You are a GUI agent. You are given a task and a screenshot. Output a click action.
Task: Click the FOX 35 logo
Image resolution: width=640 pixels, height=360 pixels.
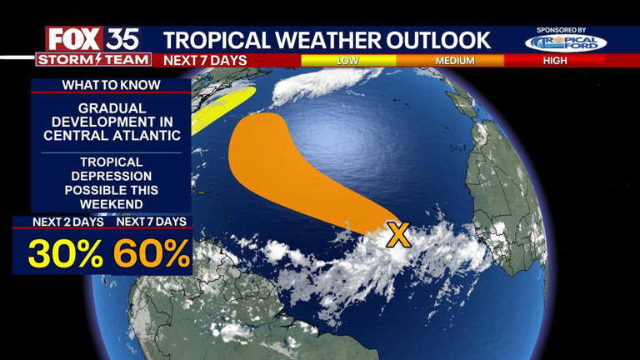click(x=92, y=38)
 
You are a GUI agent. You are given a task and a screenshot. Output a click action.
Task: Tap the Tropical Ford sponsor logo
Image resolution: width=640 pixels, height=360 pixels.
click(x=566, y=42)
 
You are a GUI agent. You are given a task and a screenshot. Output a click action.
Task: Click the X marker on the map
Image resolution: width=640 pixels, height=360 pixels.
click(x=399, y=235)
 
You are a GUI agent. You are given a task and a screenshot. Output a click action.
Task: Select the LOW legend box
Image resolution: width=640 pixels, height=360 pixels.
click(x=347, y=61)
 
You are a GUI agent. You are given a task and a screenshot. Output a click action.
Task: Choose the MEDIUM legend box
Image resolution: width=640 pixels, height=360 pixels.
click(x=454, y=61)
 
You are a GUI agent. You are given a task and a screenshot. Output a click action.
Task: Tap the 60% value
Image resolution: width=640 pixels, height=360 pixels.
click(x=152, y=253)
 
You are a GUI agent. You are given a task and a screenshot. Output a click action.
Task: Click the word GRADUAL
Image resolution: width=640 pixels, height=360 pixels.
click(x=112, y=109)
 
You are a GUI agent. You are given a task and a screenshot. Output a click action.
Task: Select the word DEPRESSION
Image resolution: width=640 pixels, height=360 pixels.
click(x=112, y=176)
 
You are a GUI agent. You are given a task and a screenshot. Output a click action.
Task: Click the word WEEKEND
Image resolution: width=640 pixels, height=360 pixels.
click(x=112, y=204)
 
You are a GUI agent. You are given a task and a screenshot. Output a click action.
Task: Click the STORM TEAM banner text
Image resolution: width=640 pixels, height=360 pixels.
click(x=93, y=60)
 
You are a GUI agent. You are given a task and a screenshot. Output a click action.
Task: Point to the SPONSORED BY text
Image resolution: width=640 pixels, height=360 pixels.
click(x=562, y=30)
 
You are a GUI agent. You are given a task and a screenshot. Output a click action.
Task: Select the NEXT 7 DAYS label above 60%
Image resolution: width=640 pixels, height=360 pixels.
click(x=152, y=222)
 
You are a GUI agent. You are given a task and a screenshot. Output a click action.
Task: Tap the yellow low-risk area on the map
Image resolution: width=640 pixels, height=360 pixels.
click(x=221, y=108)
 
